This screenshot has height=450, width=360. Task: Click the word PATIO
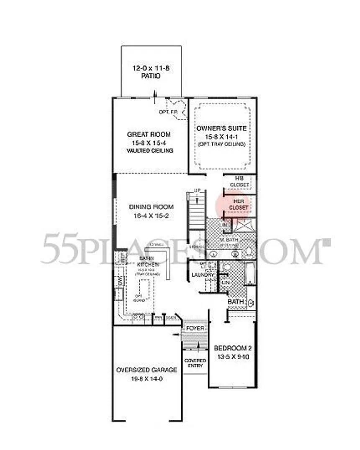click(151, 77)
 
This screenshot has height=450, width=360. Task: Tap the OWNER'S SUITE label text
click(221, 128)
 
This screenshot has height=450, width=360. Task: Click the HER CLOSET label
click(239, 204)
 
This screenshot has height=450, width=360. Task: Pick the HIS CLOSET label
click(239, 181)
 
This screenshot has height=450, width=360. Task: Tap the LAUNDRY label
click(200, 275)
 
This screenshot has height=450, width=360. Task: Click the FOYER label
click(195, 328)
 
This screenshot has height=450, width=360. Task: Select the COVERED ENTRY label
click(195, 363)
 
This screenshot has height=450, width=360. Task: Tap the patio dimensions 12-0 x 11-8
click(151, 68)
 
